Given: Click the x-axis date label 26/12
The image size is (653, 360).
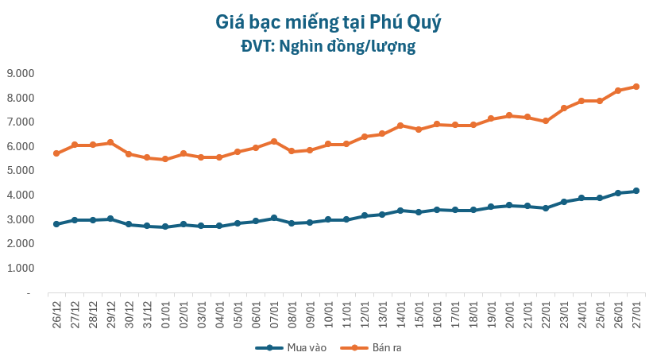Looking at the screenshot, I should [x=56, y=312].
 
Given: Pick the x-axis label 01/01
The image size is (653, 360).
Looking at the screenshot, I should [x=165, y=312].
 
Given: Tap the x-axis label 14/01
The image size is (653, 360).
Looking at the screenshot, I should [x=400, y=312].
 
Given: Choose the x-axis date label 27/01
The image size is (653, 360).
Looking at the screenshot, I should [x=636, y=312].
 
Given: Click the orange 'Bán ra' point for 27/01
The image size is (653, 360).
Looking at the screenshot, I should [x=636, y=87].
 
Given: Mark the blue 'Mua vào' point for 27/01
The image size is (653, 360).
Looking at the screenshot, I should [x=636, y=191].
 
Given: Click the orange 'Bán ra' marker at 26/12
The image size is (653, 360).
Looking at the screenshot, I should [x=56, y=153].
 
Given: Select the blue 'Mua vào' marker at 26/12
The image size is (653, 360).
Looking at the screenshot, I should [x=56, y=224].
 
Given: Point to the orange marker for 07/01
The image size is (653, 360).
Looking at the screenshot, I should [x=273, y=141].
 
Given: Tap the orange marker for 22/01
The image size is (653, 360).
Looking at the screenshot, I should [x=546, y=122].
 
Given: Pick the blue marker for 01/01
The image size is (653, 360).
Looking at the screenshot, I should [x=165, y=226].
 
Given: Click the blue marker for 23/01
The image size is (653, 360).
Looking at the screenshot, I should [x=563, y=202].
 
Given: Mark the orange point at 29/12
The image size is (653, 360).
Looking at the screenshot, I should [x=110, y=142].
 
